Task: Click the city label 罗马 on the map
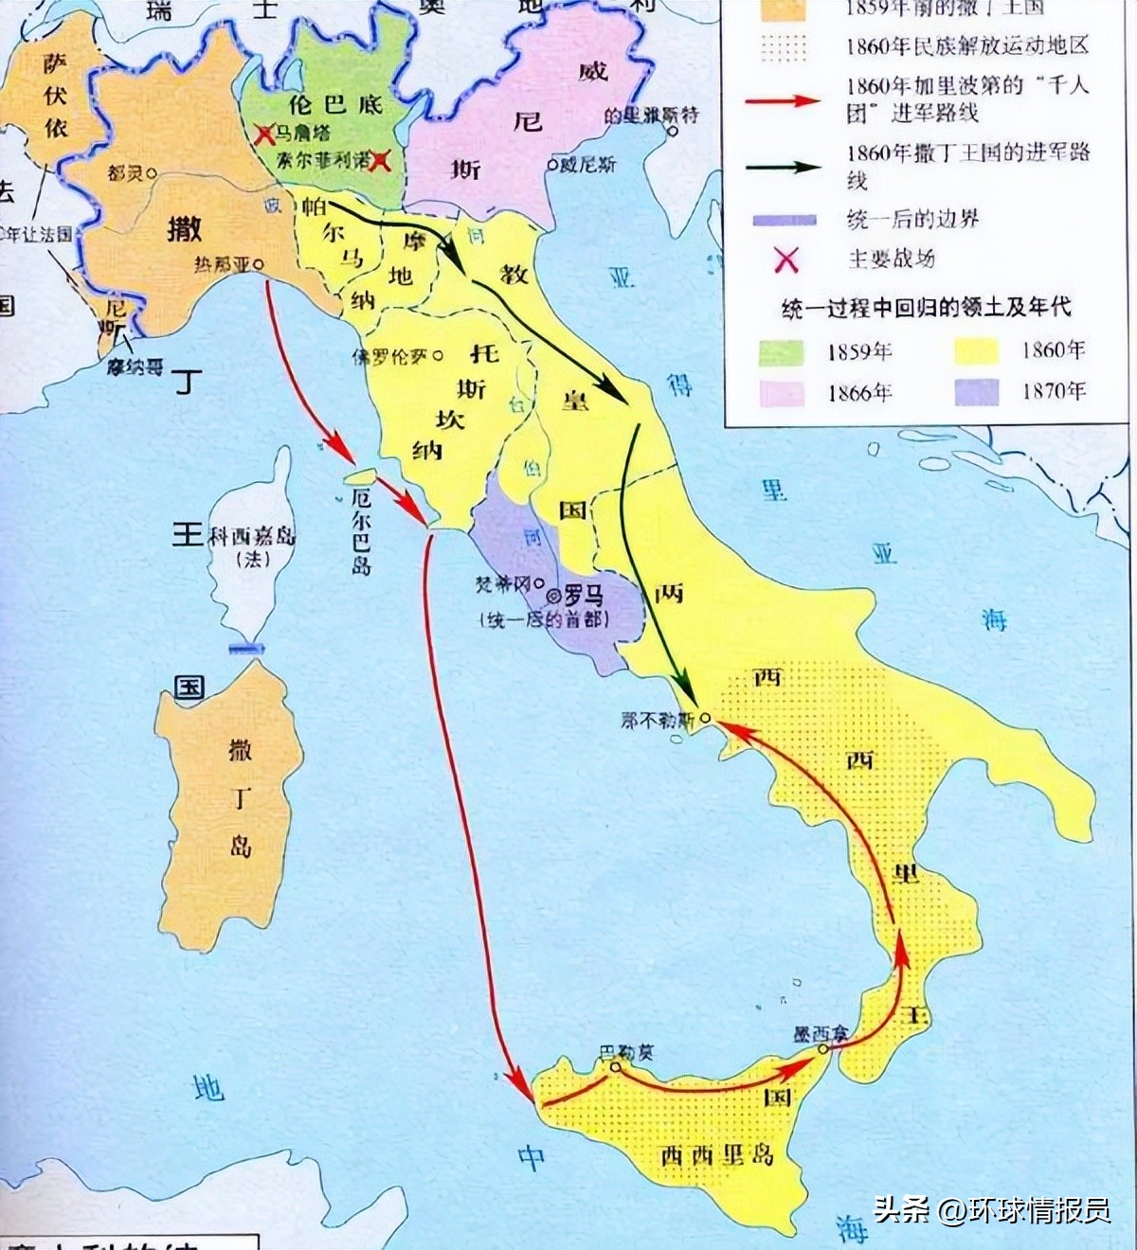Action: [x=583, y=597]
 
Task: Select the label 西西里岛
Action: [x=717, y=1154]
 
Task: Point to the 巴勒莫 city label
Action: [x=626, y=1052]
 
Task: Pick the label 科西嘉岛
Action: [x=252, y=536]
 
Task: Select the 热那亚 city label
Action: [x=222, y=265]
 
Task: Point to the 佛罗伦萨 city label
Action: [x=390, y=357]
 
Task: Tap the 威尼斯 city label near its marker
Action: [x=587, y=165]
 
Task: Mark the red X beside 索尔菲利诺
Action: [x=381, y=161]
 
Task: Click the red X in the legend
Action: [x=785, y=259]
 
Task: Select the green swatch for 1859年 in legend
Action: [x=782, y=352]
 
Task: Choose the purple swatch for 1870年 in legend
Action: [x=976, y=391]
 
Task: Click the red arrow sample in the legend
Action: [x=782, y=99]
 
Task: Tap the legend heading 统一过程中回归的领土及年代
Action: [x=926, y=308]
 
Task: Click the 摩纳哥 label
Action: [x=134, y=366]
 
